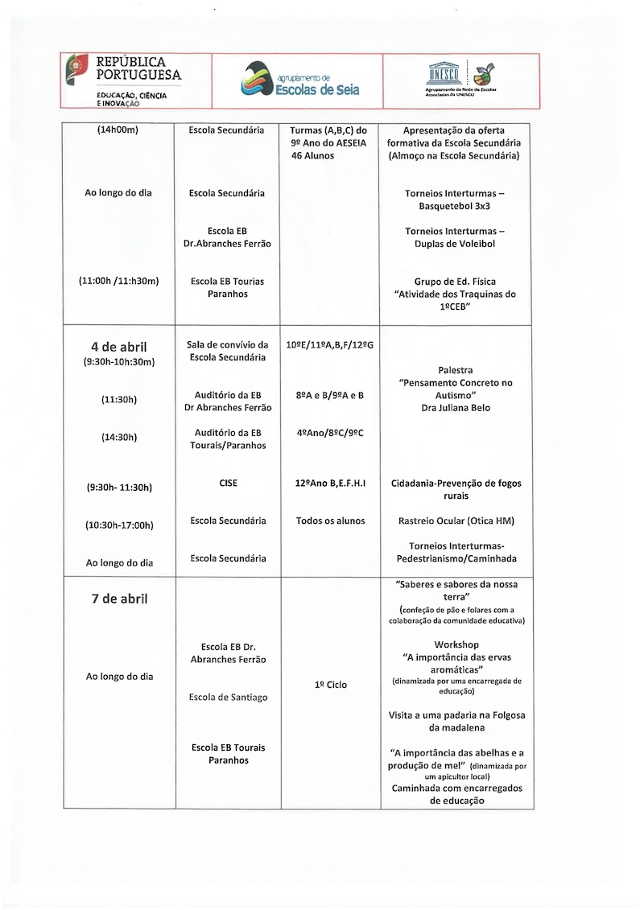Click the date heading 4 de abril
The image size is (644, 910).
[119, 347]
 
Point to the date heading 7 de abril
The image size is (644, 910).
[119, 599]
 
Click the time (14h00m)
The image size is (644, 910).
[118, 130]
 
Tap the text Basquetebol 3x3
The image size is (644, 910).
[455, 206]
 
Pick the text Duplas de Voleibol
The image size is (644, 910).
[456, 244]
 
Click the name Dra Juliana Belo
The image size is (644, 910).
[456, 408]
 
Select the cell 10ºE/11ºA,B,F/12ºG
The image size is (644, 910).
[330, 345]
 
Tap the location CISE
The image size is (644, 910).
[228, 484]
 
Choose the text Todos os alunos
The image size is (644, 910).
[330, 521]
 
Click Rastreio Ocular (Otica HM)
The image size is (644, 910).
[456, 521]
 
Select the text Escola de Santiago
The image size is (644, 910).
[228, 697]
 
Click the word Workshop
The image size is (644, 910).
[456, 645]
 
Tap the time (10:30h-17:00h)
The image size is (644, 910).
[119, 525]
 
